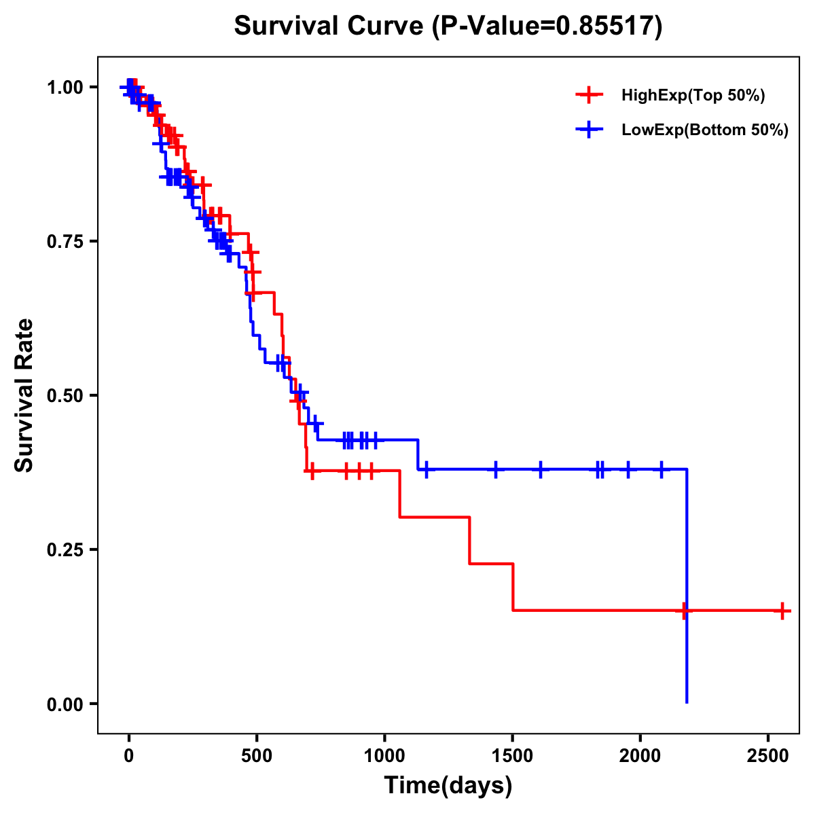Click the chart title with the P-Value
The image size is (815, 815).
pyautogui.click(x=448, y=26)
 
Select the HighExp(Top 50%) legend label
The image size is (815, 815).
pyautogui.click(x=693, y=96)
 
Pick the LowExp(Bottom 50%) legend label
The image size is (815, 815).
pyautogui.click(x=705, y=130)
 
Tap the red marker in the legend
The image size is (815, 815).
pyautogui.click(x=589, y=95)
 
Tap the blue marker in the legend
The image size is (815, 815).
pyautogui.click(x=589, y=130)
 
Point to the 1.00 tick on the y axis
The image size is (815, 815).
pyautogui.click(x=67, y=88)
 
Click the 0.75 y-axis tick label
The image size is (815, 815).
pyautogui.click(x=67, y=242)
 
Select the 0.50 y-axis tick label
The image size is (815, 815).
pyautogui.click(x=67, y=396)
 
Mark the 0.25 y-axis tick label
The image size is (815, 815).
pyautogui.click(x=67, y=550)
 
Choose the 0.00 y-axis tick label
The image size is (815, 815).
pyautogui.click(x=67, y=704)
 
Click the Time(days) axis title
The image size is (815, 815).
pyautogui.click(x=448, y=786)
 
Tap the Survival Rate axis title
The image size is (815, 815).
pyautogui.click(x=24, y=395)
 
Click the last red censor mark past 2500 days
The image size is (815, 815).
pyautogui.click(x=782, y=611)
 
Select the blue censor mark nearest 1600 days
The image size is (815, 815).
pyautogui.click(x=541, y=469)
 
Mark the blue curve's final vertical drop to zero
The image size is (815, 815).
pyautogui.click(x=687, y=584)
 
